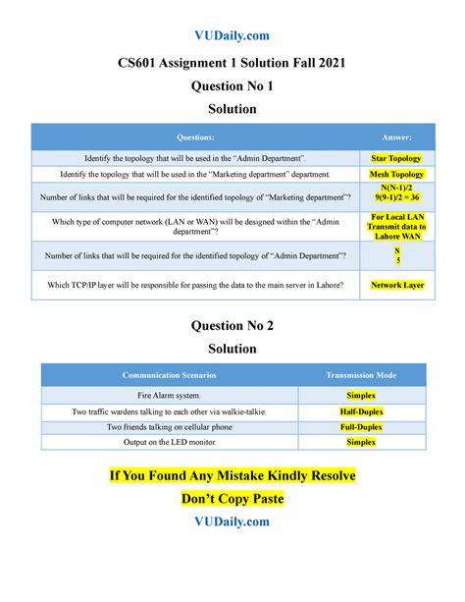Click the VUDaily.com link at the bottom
pos(232,521)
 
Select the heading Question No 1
pos(232,87)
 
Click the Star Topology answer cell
pos(396,157)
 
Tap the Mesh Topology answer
pos(396,174)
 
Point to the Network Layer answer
pos(396,286)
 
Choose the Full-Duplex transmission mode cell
pos(362,426)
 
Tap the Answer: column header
pos(396,137)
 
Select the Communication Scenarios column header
pos(170,375)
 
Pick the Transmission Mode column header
pos(362,375)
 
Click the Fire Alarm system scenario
pos(170,394)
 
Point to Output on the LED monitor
pos(170,442)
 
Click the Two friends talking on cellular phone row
pos(170,426)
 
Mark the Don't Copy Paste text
pos(232,498)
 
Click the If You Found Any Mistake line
pos(232,475)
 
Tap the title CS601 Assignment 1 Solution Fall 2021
pos(232,64)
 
